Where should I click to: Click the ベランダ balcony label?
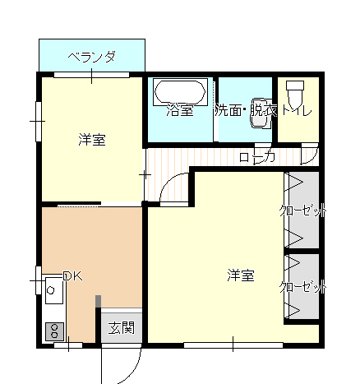pos(91,57)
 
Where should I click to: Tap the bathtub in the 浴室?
pos(180,92)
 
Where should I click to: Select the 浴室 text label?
pos(180,110)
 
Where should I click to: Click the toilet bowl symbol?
pos(295,94)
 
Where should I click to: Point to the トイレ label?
pos(297,111)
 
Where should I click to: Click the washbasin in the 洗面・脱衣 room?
pos(260,113)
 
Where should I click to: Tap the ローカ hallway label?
pos(257,158)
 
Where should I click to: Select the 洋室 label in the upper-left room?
pos(92,140)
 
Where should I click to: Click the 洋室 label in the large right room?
pos(241,275)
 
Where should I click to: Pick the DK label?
pos(72,276)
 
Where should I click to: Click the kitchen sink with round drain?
pos(54,290)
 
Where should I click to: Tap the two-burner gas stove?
pos(54,331)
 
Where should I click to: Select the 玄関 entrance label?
pos(122,328)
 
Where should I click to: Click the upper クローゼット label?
pos(303,211)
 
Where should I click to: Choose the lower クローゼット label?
pos(303,287)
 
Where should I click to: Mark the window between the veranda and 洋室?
pos(91,75)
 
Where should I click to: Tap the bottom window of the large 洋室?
pos(233,345)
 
